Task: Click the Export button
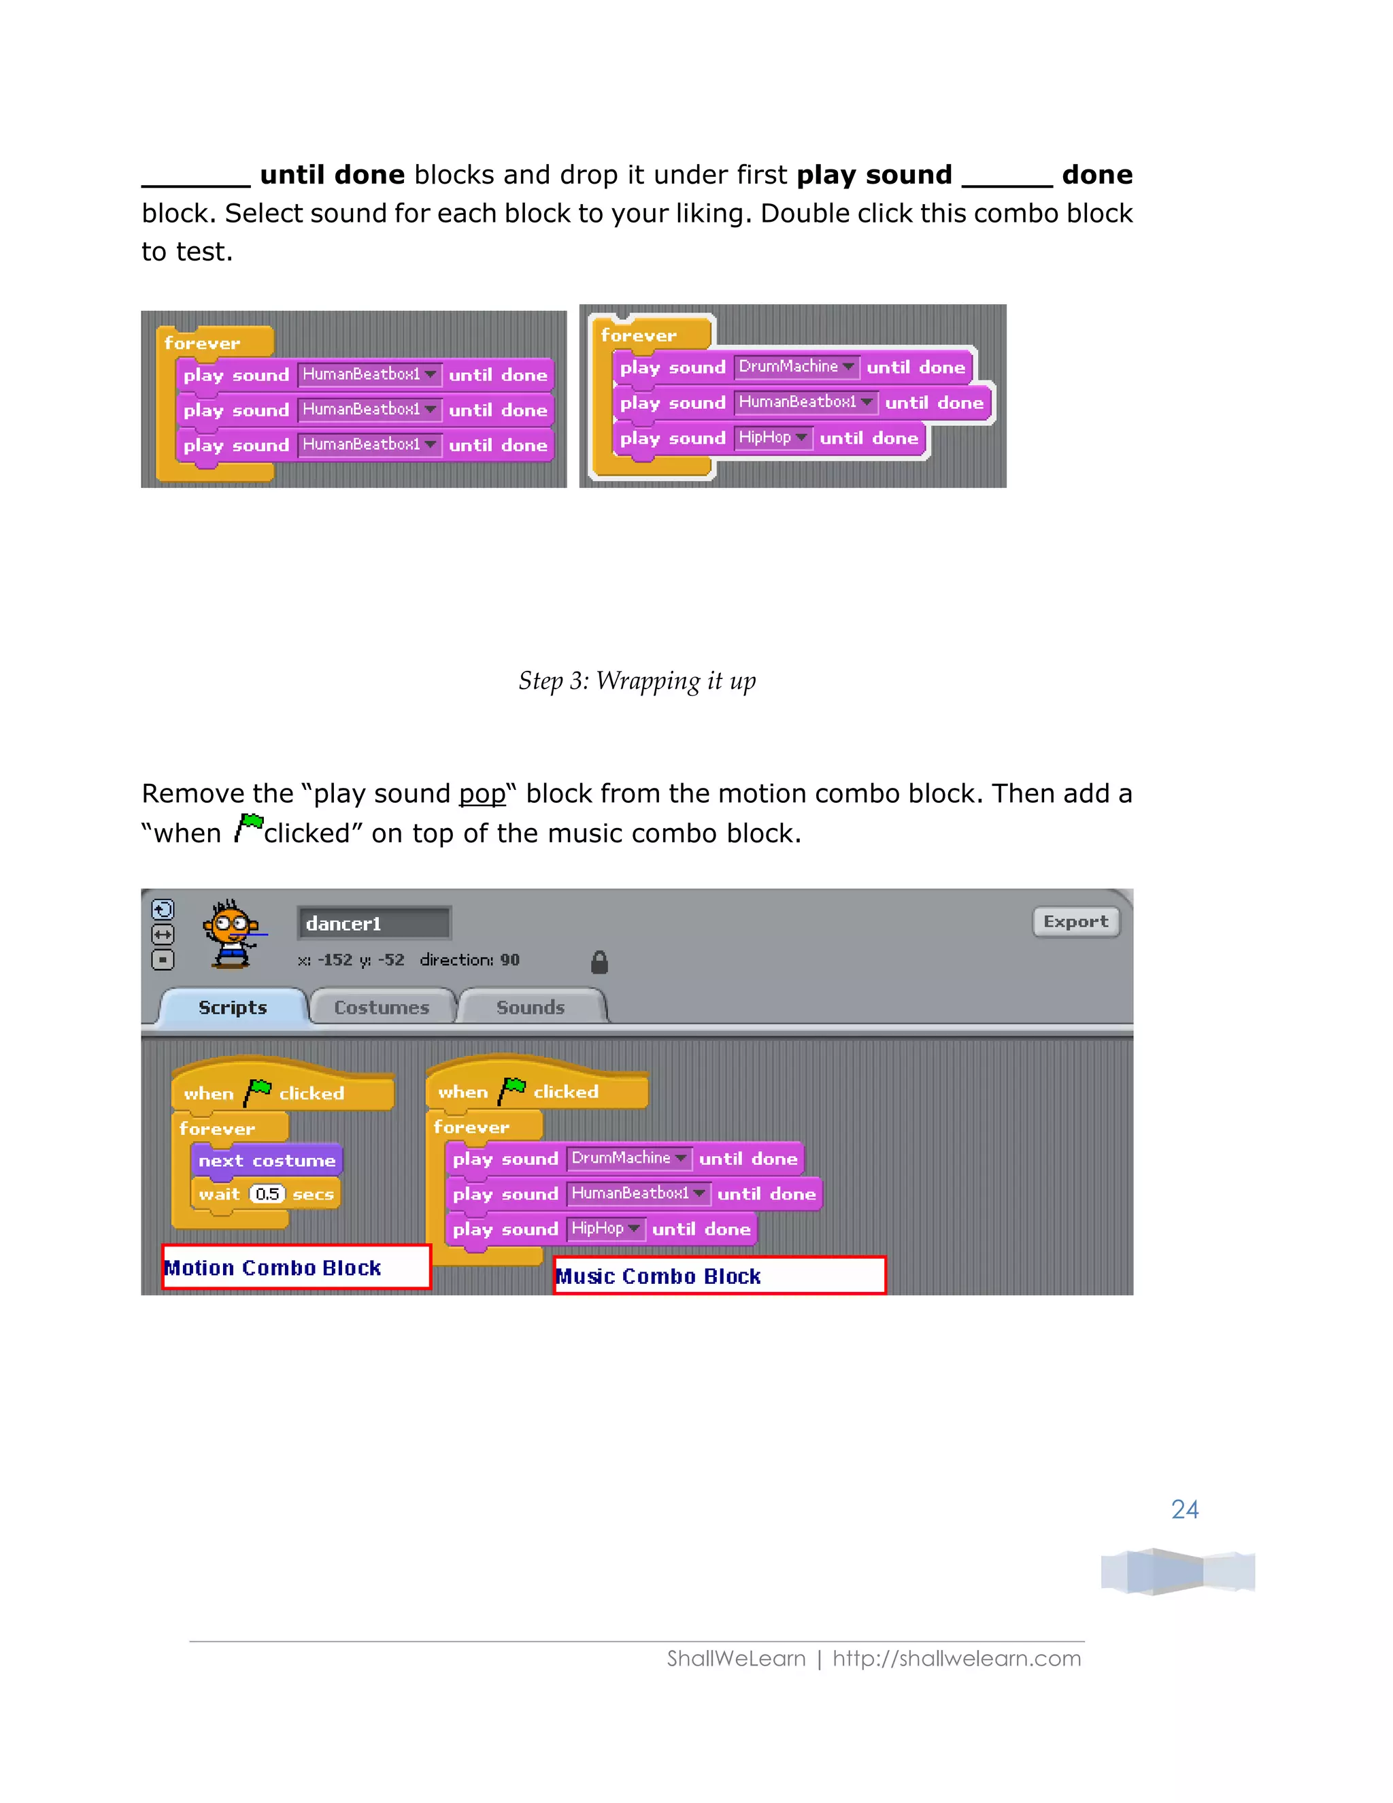(x=1075, y=921)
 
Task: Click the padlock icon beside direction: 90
(x=600, y=962)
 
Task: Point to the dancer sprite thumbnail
(x=232, y=933)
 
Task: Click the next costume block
(x=267, y=1160)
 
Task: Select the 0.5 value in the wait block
(x=267, y=1194)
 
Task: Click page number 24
(x=1184, y=1509)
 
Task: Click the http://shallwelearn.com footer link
(x=956, y=1659)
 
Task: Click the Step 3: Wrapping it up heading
(x=637, y=681)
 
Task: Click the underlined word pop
(x=482, y=793)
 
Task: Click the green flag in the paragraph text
(x=249, y=827)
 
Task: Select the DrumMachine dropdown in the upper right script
(x=796, y=367)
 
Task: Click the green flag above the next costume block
(x=258, y=1091)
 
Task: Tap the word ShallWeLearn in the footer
(x=736, y=1659)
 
